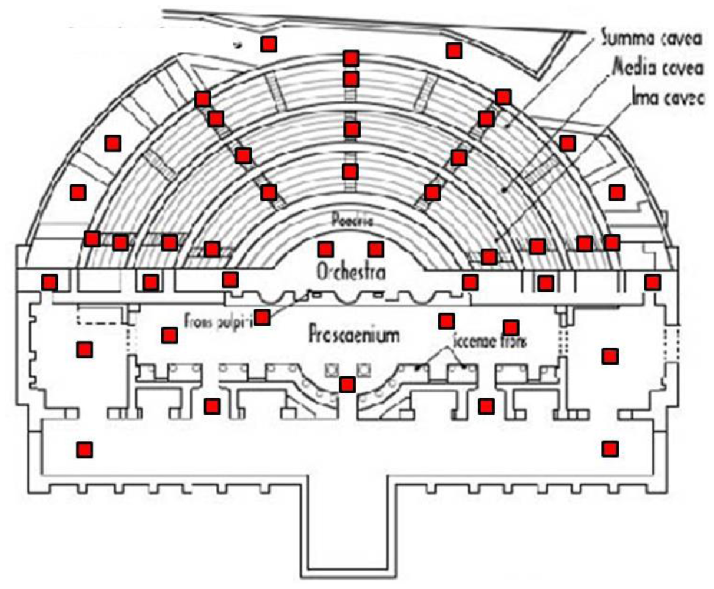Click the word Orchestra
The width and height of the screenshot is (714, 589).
click(x=351, y=272)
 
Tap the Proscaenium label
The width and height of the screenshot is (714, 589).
click(x=354, y=335)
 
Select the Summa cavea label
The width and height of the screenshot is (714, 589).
click(x=651, y=39)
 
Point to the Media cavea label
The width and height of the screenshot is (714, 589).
click(x=658, y=68)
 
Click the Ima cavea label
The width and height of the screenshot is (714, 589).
click(x=667, y=97)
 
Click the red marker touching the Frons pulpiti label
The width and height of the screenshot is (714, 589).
click(x=262, y=317)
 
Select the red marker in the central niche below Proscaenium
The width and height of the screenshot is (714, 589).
click(x=348, y=385)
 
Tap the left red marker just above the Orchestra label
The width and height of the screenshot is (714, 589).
click(x=325, y=249)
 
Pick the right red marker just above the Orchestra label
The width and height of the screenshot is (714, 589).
click(x=375, y=249)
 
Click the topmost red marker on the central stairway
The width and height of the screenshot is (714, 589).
click(x=351, y=58)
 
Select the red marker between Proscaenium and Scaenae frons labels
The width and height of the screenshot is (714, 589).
click(x=447, y=321)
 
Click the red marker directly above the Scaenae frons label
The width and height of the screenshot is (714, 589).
click(x=511, y=327)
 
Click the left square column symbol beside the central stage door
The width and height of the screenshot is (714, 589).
click(x=333, y=370)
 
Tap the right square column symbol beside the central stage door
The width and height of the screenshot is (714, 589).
click(x=363, y=370)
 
